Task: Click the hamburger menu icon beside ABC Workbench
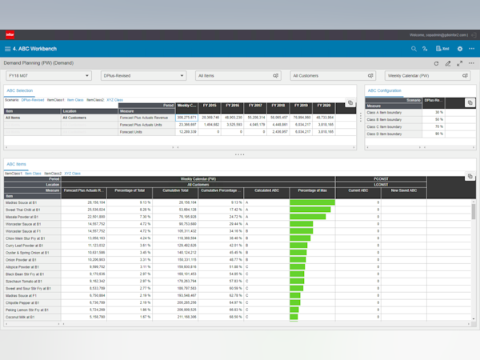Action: pyautogui.click(x=8, y=49)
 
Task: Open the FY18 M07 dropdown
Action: pyautogui.click(x=47, y=75)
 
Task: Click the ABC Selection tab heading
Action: pyautogui.click(x=20, y=91)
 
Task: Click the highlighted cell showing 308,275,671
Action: pyautogui.click(x=188, y=117)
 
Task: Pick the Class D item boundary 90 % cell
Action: pyautogui.click(x=439, y=134)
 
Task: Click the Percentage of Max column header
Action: pyautogui.click(x=313, y=190)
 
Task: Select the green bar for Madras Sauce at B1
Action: pyautogui.click(x=312, y=203)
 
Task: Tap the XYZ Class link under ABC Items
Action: pyautogui.click(x=73, y=173)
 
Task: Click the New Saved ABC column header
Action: pyautogui.click(x=404, y=190)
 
